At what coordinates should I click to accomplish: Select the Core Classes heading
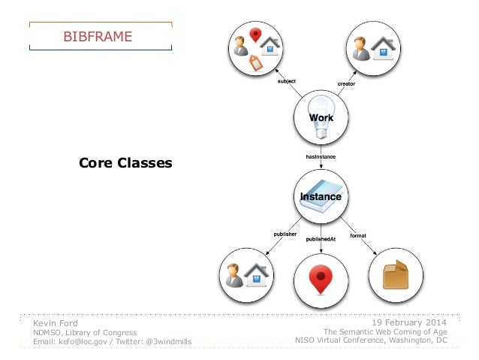(125, 162)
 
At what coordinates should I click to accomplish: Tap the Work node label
(322, 118)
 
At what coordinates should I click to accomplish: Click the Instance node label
(321, 196)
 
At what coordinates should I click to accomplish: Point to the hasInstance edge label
(321, 156)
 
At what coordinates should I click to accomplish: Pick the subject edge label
(287, 80)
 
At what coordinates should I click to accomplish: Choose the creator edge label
(346, 83)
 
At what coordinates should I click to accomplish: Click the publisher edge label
(285, 234)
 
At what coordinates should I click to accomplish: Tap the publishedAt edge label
(321, 238)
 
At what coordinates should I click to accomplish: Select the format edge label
(358, 235)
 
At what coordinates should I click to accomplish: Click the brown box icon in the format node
(395, 277)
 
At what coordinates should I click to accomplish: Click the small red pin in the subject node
(256, 35)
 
